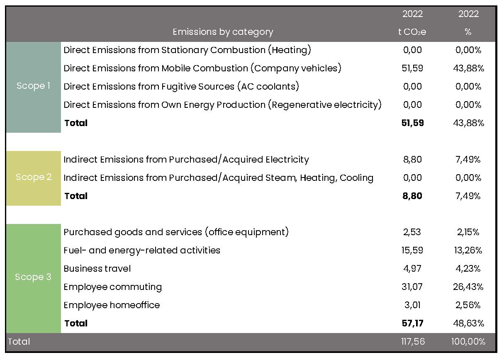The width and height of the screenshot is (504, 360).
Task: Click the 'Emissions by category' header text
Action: (x=223, y=32)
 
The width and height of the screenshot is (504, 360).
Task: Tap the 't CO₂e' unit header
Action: (x=412, y=32)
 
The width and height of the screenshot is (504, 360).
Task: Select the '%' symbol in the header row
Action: (x=468, y=32)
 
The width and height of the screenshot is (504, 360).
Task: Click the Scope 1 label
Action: (x=33, y=86)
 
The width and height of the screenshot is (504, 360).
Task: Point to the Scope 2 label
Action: (x=34, y=177)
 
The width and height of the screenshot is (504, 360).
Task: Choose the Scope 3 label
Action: (x=33, y=277)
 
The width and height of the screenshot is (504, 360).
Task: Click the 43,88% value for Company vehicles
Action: (x=468, y=68)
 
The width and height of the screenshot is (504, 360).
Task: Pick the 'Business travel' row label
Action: (x=97, y=268)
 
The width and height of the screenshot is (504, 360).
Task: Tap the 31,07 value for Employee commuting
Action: (x=412, y=287)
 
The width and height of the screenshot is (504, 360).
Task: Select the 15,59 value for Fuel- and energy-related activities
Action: (x=412, y=250)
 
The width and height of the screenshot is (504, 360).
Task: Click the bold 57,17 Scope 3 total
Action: (x=412, y=324)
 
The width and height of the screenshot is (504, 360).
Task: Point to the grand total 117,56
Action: (x=413, y=342)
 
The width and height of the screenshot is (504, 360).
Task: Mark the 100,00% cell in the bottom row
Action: (x=468, y=342)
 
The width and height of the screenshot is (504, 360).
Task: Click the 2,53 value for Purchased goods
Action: (x=412, y=232)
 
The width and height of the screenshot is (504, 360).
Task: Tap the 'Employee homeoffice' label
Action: (x=112, y=305)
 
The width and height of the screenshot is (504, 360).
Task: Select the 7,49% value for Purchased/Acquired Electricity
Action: (x=468, y=160)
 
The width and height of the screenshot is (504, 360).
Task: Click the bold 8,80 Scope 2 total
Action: (x=412, y=196)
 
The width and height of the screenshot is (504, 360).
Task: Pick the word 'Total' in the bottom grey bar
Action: (x=19, y=342)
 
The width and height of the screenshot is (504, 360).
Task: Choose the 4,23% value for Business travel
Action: (x=468, y=268)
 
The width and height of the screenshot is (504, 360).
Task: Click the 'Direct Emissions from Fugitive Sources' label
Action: (x=149, y=86)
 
